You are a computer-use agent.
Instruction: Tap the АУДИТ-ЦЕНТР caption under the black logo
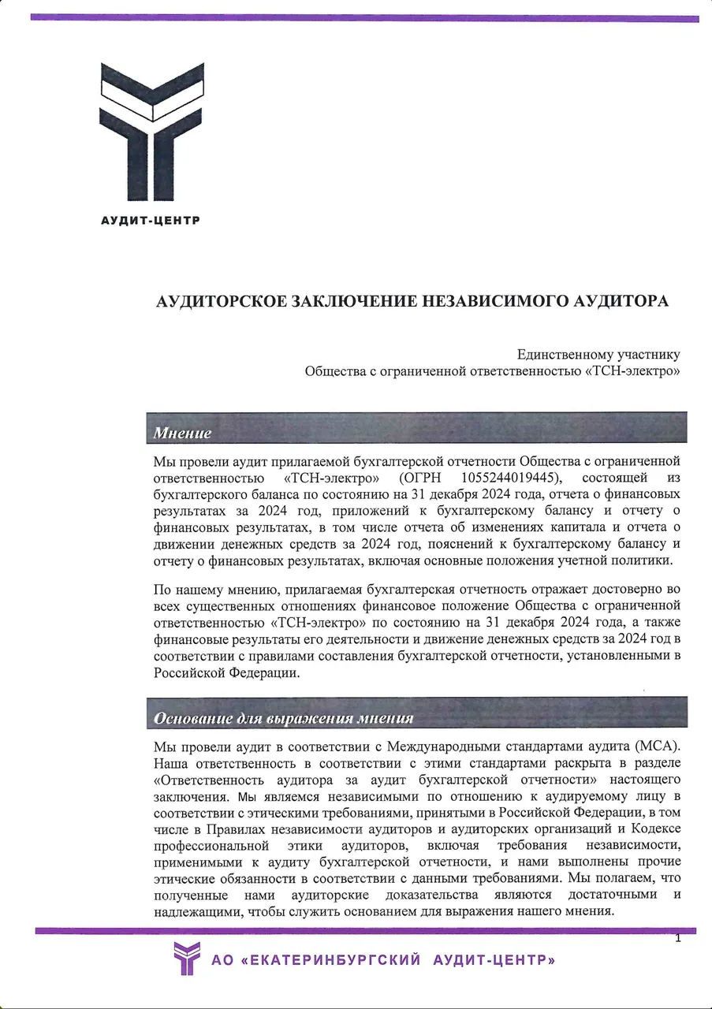click(x=151, y=220)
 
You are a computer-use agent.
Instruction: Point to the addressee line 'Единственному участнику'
click(x=598, y=355)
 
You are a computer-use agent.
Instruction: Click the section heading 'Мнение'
click(x=182, y=433)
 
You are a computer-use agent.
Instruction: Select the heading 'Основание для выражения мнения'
click(x=284, y=717)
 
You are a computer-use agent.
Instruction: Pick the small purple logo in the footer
click(x=187, y=959)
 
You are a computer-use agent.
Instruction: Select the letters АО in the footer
click(x=223, y=960)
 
